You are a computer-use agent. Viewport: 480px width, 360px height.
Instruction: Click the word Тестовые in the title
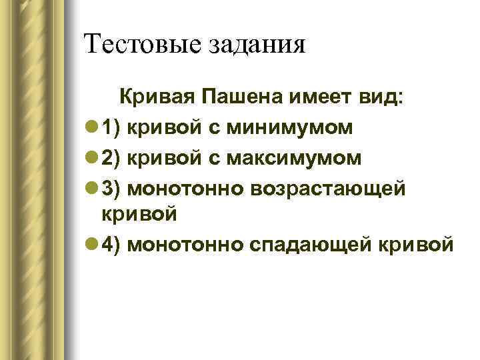coord(140,45)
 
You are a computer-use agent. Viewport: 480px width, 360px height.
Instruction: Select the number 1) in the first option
coord(111,128)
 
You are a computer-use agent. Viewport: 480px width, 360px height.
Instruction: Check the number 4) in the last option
coord(111,245)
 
